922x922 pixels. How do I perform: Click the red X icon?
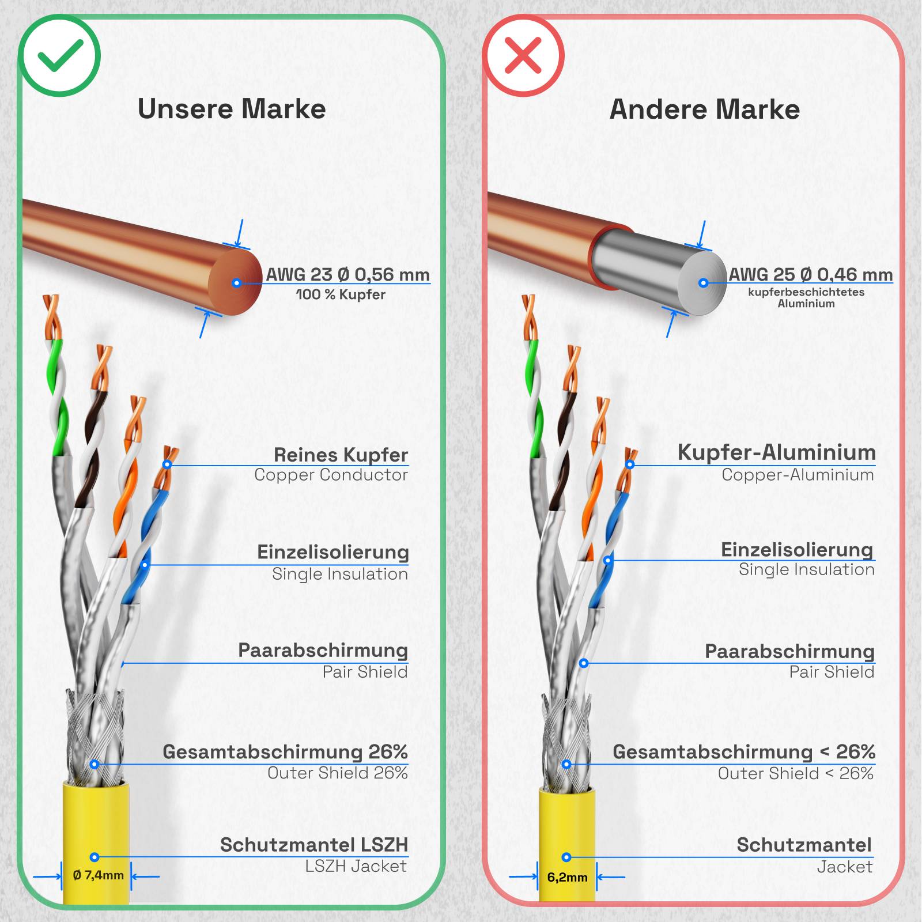click(523, 56)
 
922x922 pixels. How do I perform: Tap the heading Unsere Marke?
click(232, 109)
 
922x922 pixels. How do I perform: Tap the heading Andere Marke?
click(705, 109)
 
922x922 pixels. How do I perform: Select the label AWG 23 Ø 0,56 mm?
click(347, 274)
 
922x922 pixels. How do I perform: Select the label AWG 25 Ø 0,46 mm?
click(811, 274)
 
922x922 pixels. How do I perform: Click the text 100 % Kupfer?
click(341, 294)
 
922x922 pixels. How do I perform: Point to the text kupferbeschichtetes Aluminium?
click(806, 297)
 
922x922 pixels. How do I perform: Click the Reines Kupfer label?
click(341, 455)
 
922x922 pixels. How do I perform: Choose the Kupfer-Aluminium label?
click(776, 452)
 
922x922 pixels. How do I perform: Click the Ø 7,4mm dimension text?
click(98, 875)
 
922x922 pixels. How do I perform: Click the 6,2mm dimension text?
click(567, 878)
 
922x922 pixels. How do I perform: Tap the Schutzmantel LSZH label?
click(314, 845)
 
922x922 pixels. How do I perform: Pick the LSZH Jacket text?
click(356, 866)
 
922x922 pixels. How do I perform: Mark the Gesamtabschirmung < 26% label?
click(743, 751)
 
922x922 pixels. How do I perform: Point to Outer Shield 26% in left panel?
click(337, 773)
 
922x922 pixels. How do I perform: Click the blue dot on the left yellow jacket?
click(95, 857)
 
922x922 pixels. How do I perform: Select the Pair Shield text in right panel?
click(832, 672)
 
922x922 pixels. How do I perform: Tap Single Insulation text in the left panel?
click(339, 574)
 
